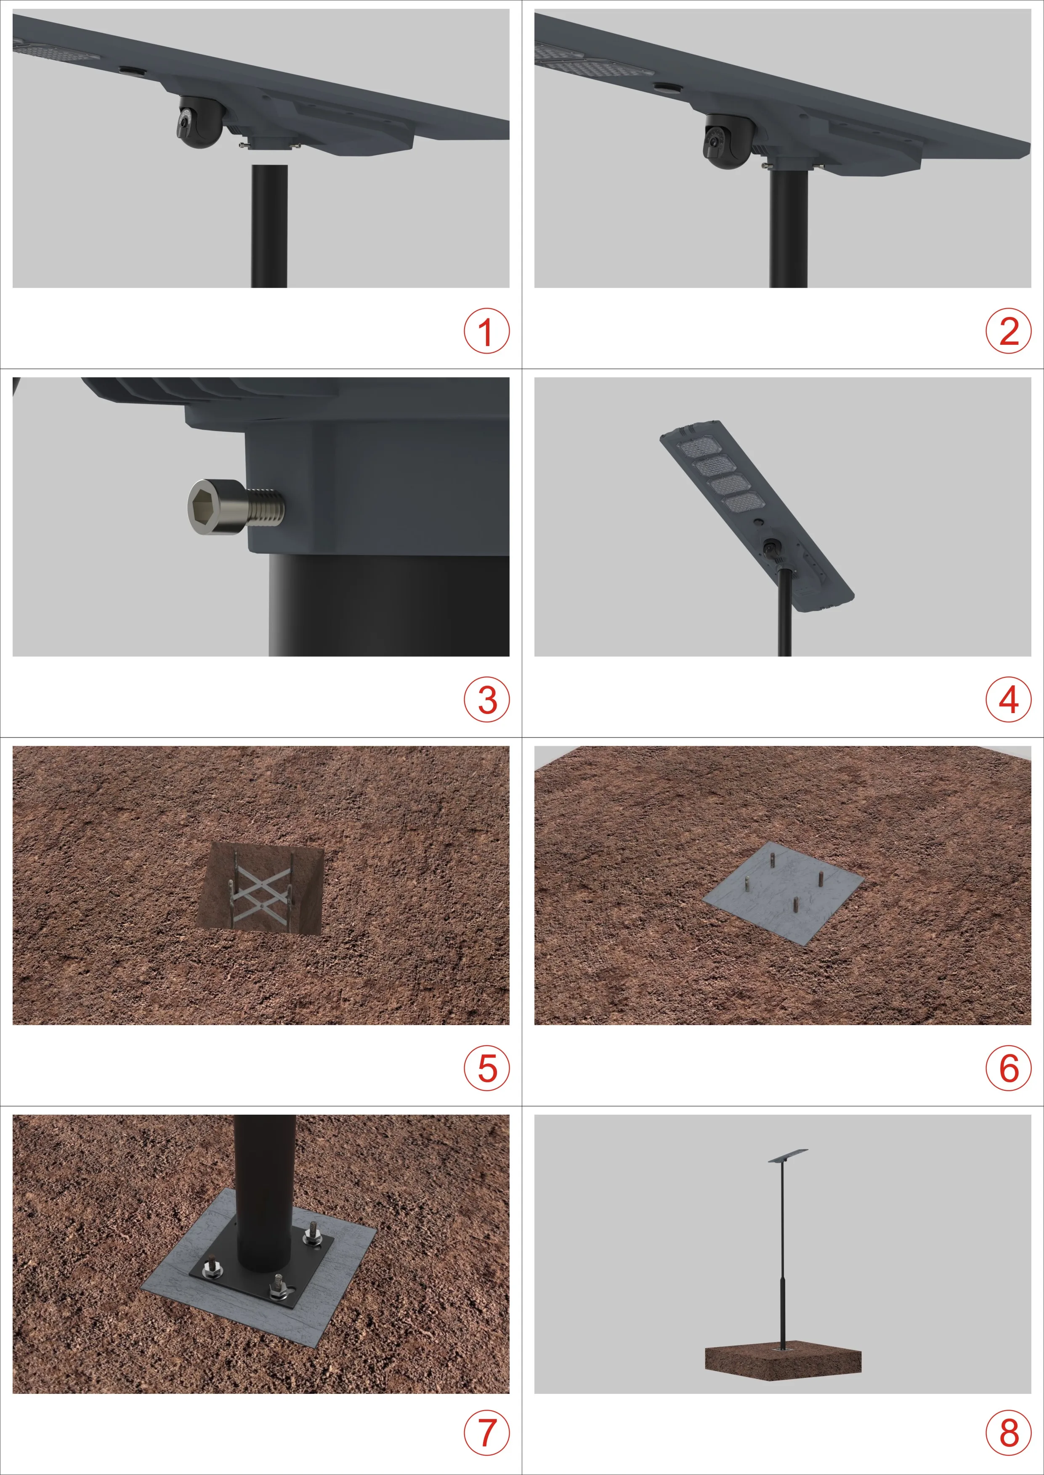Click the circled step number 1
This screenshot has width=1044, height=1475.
coord(486,331)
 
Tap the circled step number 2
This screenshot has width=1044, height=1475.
coord(1009,331)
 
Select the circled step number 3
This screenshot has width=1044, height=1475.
coord(486,700)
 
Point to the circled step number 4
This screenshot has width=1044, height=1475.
coord(1009,700)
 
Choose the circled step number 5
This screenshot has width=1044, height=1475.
coord(486,1068)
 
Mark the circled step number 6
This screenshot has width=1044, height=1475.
coord(1009,1068)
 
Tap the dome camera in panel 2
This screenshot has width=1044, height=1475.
coord(726,140)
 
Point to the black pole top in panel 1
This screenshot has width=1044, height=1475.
coord(269,225)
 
